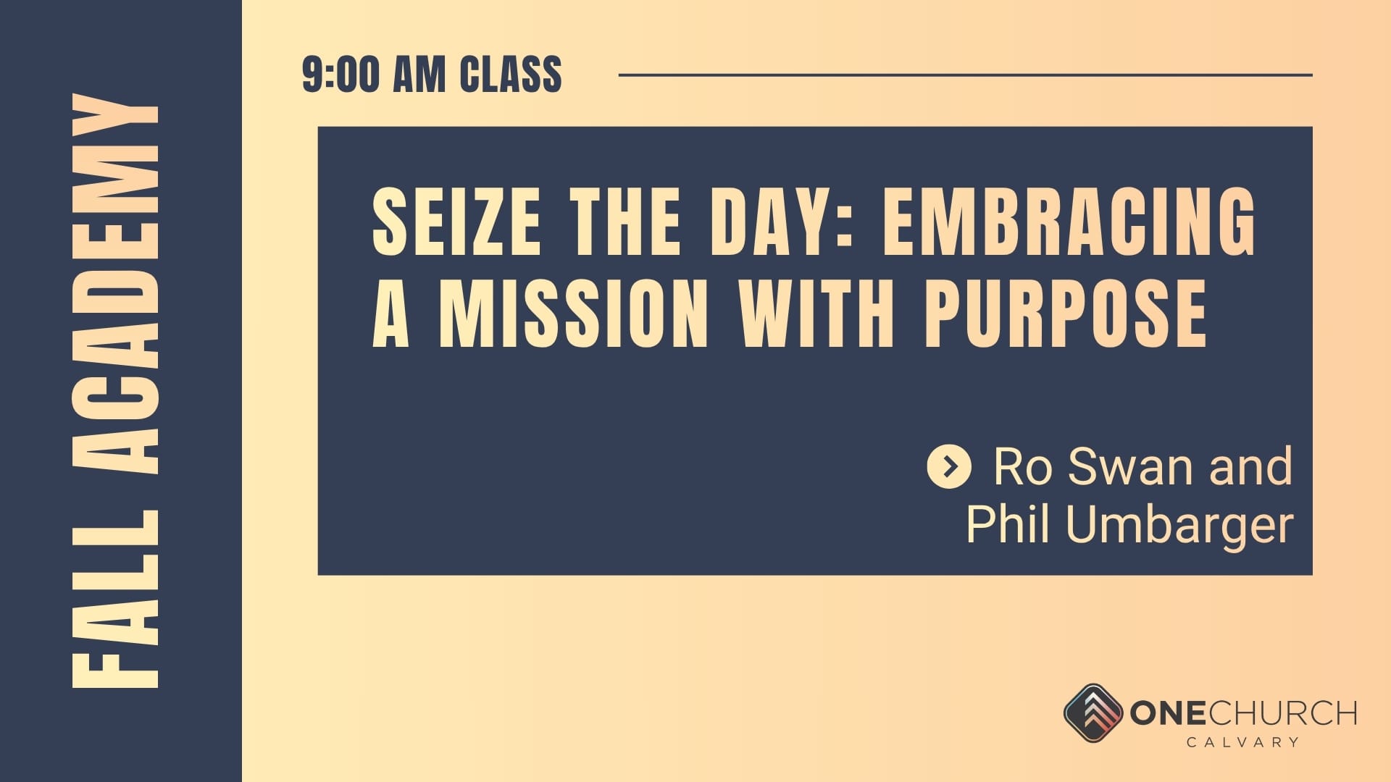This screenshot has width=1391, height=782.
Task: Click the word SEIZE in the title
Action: [456, 220]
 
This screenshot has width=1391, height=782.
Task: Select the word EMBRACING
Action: [1069, 220]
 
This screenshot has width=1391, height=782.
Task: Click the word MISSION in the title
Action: [573, 313]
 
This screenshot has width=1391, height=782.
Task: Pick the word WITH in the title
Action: [816, 313]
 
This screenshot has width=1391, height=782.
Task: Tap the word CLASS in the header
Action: [511, 75]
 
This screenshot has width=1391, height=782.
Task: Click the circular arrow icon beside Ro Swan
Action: [949, 466]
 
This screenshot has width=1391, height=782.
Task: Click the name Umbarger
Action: [1179, 525]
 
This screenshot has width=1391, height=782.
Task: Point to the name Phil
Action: [1010, 523]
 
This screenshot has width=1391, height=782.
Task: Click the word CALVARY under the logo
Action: [1242, 742]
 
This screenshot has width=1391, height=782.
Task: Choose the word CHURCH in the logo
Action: [1282, 713]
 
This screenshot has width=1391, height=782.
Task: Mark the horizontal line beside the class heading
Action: [966, 75]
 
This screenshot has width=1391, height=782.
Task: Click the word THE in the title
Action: [626, 220]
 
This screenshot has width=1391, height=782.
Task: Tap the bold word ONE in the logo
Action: [1168, 713]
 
